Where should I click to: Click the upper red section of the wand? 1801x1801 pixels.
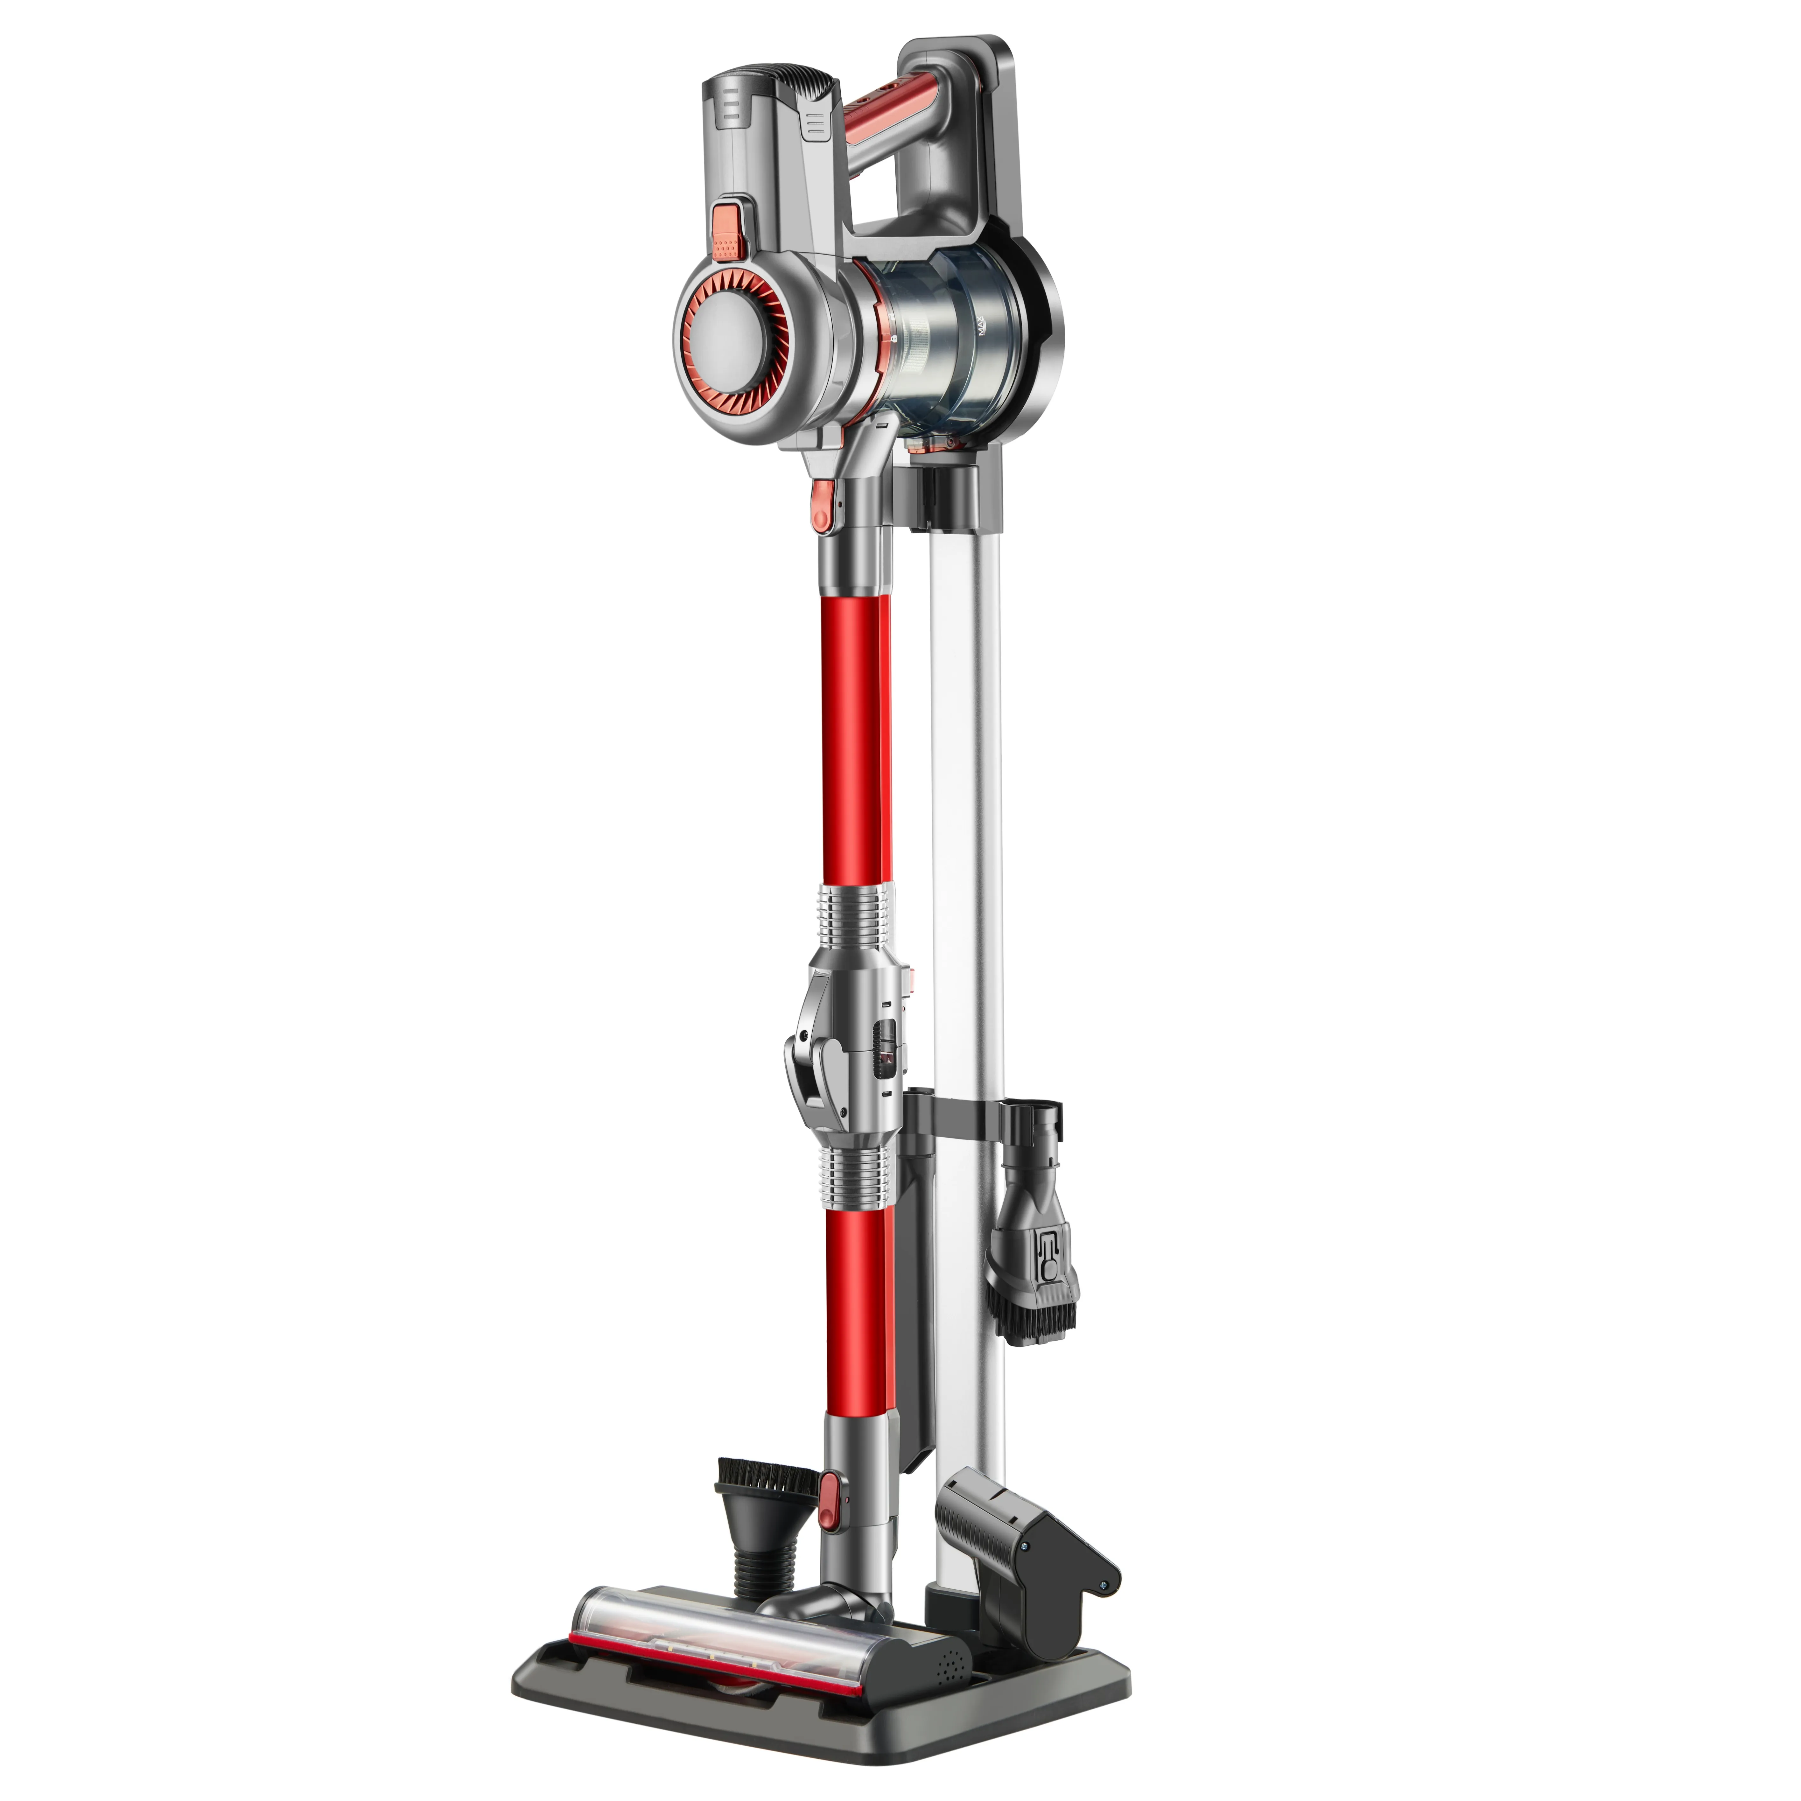[856, 736]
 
